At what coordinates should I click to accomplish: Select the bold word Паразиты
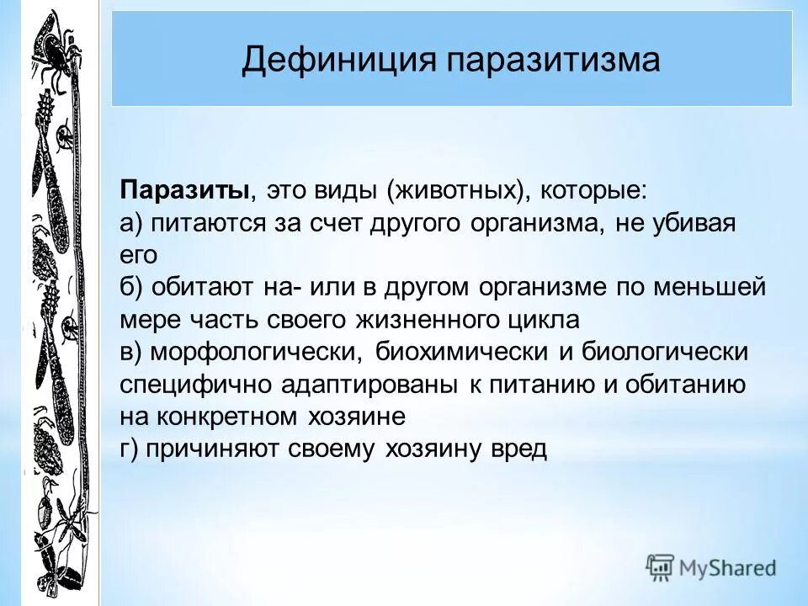pyautogui.click(x=183, y=190)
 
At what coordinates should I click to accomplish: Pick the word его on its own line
pyautogui.click(x=138, y=255)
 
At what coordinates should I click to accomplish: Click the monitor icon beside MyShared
pyautogui.click(x=660, y=568)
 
